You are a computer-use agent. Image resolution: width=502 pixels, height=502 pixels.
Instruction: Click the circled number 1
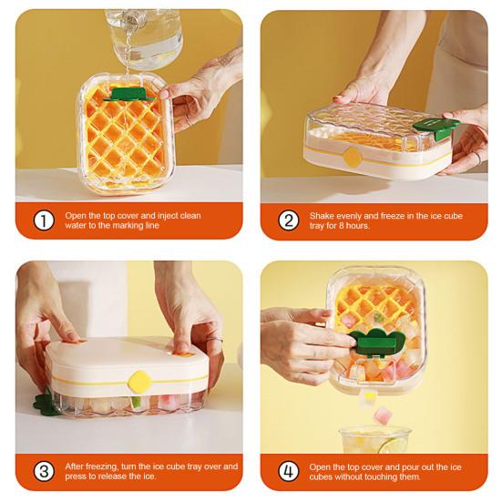(44, 220)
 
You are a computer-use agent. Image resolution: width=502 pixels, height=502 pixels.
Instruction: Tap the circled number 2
(289, 220)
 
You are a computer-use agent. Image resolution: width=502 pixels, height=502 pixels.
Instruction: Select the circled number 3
(44, 472)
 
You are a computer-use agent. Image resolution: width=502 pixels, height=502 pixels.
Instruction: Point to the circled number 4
(289, 472)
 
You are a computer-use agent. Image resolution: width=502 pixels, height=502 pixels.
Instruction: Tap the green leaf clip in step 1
(129, 93)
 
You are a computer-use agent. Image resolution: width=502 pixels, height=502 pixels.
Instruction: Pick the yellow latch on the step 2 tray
(352, 157)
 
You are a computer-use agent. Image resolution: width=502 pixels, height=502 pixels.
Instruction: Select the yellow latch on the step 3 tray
(138, 380)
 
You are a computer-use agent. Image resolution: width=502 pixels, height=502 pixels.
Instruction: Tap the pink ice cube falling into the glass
(383, 415)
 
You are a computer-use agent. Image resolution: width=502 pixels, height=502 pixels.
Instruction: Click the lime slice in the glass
(393, 445)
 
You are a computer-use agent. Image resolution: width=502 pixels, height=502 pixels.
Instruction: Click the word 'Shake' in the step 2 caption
(323, 215)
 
